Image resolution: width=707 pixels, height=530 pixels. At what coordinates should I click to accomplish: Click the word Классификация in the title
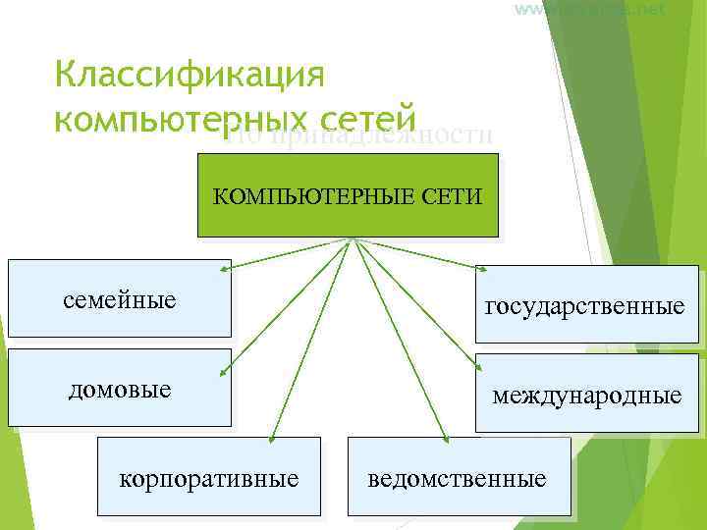coord(190,75)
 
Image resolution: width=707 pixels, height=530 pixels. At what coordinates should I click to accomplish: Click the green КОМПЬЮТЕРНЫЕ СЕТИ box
coord(348,195)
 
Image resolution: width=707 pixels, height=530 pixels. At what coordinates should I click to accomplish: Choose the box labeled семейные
coord(119,296)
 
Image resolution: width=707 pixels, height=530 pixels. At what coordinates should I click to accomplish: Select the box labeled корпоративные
coord(209,477)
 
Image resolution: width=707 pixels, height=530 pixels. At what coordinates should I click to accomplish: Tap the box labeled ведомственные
coord(459,477)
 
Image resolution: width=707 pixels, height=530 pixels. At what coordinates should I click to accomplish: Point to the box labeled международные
coord(587,394)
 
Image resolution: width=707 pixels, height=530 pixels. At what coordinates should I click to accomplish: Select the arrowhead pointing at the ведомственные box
coord(447,438)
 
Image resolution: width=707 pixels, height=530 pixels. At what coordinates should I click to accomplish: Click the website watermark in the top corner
coord(588,10)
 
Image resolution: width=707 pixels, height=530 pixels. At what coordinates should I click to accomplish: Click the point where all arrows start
coord(351,238)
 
